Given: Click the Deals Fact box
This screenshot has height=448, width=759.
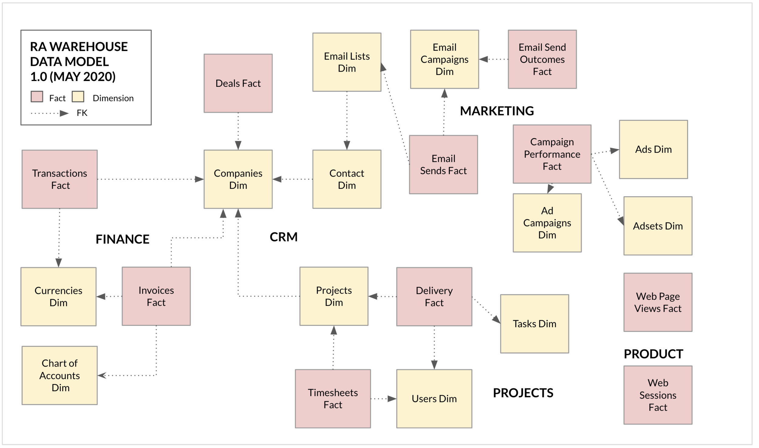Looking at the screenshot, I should pos(238,83).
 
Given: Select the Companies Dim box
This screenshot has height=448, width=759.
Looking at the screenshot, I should pos(238,179).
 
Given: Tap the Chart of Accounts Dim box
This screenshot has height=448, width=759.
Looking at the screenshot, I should pos(60,376).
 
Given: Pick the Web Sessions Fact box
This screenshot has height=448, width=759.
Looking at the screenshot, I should pos(658,395).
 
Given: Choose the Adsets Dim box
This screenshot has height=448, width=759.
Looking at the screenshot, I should pos(658,226).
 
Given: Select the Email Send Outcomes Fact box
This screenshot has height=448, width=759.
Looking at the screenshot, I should pos(543,59).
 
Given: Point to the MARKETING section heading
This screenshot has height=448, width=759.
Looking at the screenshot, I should pos(497,111).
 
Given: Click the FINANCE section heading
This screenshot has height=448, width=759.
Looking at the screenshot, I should pos(123,239).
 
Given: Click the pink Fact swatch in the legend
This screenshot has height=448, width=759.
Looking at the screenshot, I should pos(37,97).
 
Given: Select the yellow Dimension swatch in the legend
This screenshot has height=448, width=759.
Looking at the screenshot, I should pos(78,97).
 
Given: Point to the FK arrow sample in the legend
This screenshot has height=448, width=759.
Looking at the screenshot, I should pos(50,114).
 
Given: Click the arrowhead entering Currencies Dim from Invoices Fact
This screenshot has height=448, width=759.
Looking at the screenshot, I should pos(101,297).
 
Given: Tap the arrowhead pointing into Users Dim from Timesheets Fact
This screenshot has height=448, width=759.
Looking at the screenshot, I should pos(392,399).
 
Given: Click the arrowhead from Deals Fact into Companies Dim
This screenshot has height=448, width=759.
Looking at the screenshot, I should pos(238,145).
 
